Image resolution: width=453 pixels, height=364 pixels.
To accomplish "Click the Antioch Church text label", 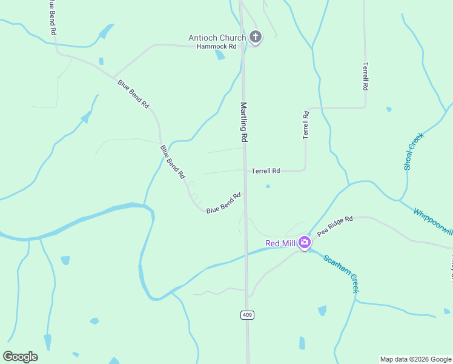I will (x=217, y=38).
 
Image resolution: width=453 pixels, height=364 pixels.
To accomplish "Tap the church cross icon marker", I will (x=256, y=38).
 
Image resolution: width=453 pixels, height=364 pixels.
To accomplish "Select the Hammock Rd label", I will (x=212, y=46).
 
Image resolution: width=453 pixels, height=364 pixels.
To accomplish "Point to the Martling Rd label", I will (x=244, y=122).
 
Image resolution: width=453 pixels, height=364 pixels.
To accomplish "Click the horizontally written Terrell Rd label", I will (x=266, y=171).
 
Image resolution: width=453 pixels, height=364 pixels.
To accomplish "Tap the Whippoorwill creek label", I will (x=432, y=221).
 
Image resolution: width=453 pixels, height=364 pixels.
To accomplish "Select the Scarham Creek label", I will (x=341, y=273).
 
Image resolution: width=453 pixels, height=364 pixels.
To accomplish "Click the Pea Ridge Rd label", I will (x=335, y=226).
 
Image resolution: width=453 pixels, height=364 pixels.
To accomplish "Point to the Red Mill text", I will (x=280, y=243).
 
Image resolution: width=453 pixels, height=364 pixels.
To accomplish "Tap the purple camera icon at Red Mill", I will (x=304, y=243).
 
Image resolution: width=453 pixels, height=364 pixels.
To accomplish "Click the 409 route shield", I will (x=246, y=315).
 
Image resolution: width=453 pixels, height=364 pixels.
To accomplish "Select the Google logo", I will (x=20, y=356).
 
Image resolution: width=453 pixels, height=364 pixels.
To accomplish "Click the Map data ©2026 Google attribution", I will (x=415, y=359).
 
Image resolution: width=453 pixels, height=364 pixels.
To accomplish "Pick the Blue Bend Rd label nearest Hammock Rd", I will (x=133, y=93).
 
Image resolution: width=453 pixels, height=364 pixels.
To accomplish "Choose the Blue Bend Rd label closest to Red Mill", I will (x=223, y=203).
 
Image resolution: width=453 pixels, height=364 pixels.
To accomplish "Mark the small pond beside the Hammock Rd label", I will (x=220, y=55).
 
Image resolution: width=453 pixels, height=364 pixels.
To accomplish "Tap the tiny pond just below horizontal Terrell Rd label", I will (x=267, y=186).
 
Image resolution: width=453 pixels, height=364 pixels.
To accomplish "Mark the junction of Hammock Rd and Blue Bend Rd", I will (x=113, y=76).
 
